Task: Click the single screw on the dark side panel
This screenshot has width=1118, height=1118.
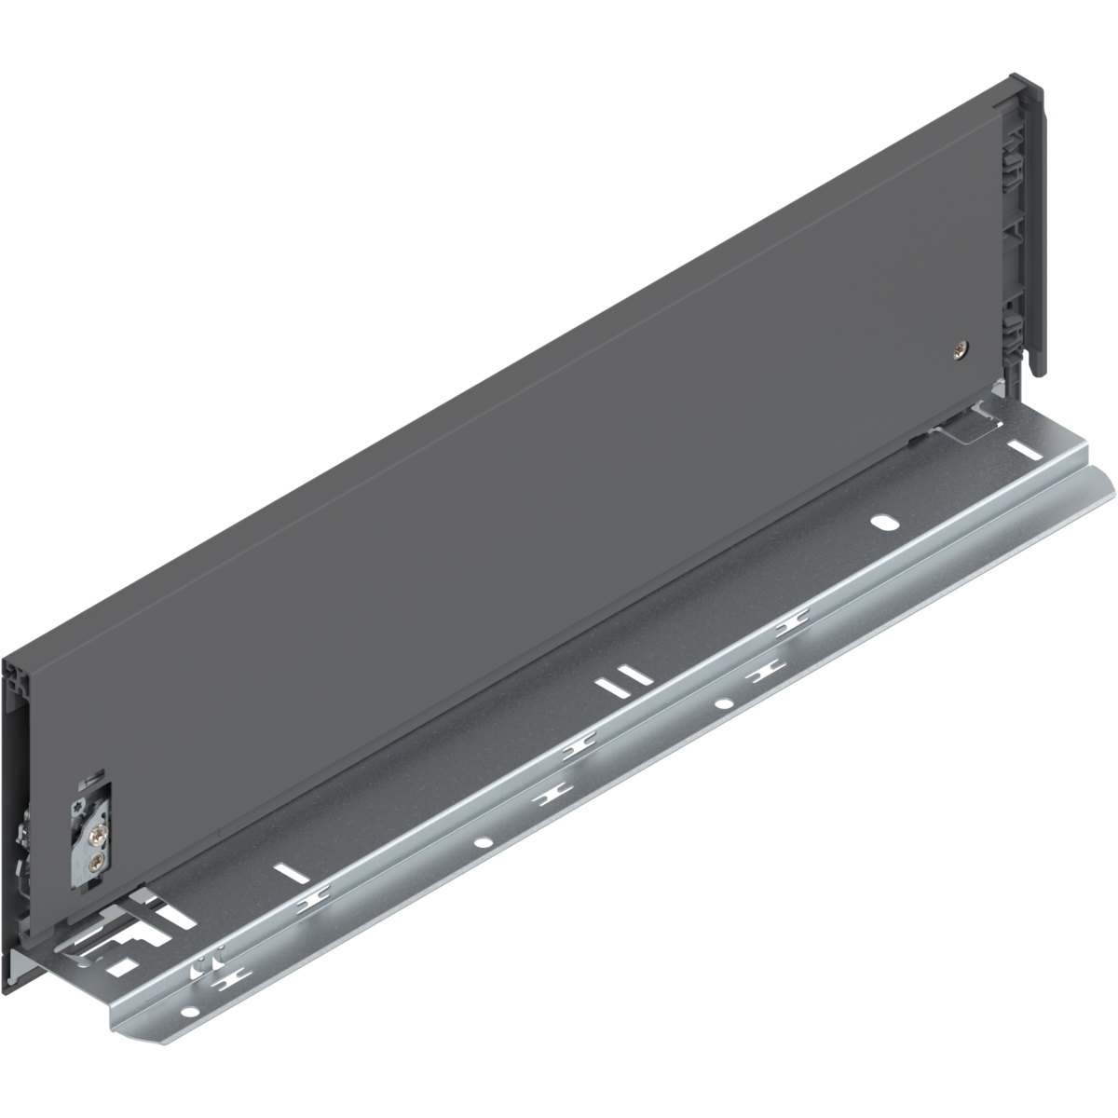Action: point(961,350)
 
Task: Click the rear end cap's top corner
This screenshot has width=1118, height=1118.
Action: point(1034,86)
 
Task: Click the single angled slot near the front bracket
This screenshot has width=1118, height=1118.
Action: point(292,873)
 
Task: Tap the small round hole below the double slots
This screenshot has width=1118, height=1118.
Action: point(723,702)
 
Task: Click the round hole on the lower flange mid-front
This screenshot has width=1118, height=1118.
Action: point(483,843)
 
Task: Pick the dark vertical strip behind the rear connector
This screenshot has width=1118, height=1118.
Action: point(1036,233)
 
